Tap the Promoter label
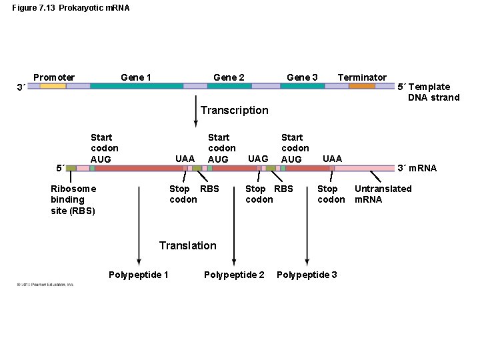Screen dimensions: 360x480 [x=54, y=77]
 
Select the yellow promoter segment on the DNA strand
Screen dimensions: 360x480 [x=53, y=86]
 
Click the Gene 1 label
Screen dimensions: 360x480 [x=135, y=77]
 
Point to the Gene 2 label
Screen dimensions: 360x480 [x=229, y=77]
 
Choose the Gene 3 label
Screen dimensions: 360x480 [x=302, y=77]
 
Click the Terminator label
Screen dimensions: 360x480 [x=361, y=77]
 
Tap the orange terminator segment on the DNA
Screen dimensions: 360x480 [x=362, y=86]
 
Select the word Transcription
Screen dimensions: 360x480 [x=234, y=110]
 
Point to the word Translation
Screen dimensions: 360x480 [x=187, y=245]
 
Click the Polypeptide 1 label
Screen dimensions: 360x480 [x=138, y=275]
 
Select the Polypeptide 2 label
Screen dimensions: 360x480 [x=234, y=275]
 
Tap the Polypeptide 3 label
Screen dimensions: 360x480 [x=307, y=275]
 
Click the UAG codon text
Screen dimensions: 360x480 [x=258, y=159]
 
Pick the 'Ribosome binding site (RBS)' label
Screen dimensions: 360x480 [x=73, y=199]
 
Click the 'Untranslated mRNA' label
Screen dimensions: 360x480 [x=383, y=194]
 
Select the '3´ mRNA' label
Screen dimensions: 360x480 [x=417, y=168]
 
